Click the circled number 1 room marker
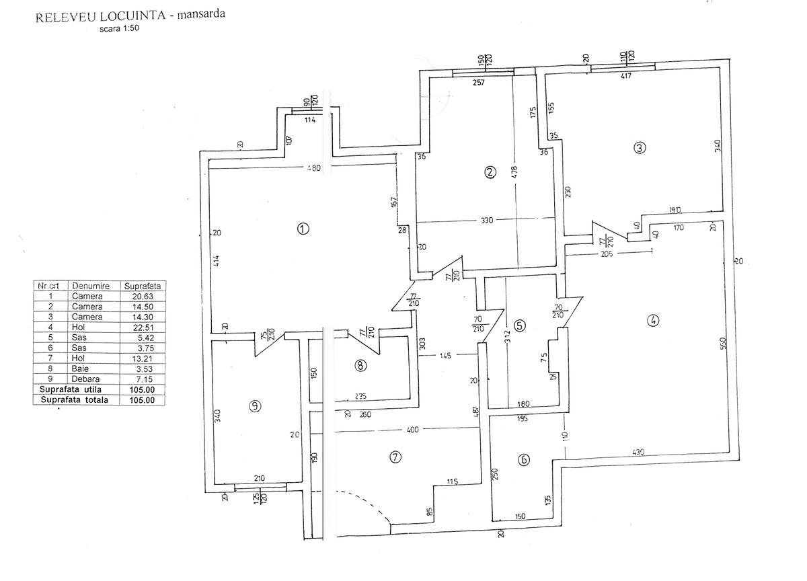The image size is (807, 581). pyautogui.click(x=303, y=229)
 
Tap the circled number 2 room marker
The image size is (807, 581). pyautogui.click(x=490, y=172)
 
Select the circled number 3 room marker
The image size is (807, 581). pyautogui.click(x=640, y=148)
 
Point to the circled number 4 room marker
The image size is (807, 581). pyautogui.click(x=652, y=321)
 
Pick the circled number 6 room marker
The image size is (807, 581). pyautogui.click(x=525, y=460)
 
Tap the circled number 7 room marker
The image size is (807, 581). pyautogui.click(x=395, y=457)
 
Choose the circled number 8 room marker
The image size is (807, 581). pyautogui.click(x=360, y=366)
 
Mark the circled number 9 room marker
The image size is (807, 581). pyautogui.click(x=255, y=405)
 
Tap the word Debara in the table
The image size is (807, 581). pyautogui.click(x=87, y=379)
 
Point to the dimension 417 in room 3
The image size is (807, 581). pyautogui.click(x=625, y=76)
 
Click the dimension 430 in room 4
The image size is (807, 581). pyautogui.click(x=638, y=453)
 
